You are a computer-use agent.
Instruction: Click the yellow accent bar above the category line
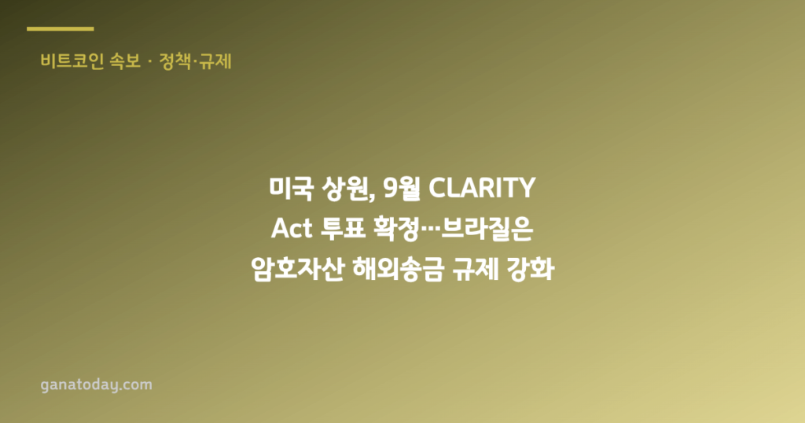60,29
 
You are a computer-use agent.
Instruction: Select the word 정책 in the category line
175,61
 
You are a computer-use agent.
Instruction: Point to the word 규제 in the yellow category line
215,61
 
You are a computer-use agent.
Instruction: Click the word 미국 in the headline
291,188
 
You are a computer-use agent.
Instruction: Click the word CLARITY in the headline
482,188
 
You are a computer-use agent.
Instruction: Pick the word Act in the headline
292,229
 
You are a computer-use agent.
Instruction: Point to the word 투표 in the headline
343,229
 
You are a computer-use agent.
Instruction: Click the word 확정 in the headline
396,229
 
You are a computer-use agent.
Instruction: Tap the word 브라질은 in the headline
487,229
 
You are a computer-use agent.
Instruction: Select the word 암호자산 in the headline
297,270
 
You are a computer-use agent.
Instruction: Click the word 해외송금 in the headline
398,270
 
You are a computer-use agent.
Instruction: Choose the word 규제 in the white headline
475,270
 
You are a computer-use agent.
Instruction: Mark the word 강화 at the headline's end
531,270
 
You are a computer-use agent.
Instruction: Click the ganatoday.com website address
97,385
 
